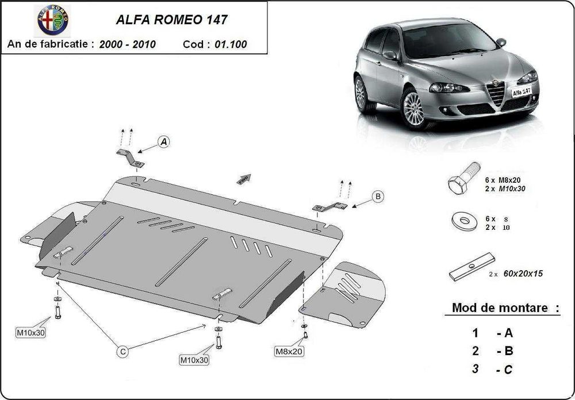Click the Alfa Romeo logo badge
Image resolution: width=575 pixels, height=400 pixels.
tap(53, 21)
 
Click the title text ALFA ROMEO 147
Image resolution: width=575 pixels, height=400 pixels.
tap(171, 20)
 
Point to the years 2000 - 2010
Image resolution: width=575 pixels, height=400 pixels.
tap(127, 44)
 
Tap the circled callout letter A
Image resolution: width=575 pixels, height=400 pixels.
tap(164, 141)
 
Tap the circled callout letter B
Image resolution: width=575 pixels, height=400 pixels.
tap(378, 197)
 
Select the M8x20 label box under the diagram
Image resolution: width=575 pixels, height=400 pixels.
tap(288, 351)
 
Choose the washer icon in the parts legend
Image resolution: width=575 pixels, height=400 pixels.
tap(465, 222)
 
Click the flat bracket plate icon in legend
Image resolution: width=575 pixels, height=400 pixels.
tap(471, 267)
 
